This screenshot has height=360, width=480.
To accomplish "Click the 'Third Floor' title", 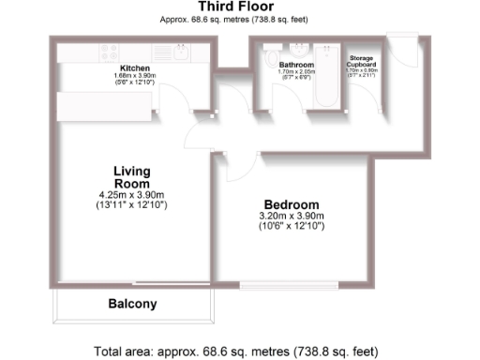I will [240, 7].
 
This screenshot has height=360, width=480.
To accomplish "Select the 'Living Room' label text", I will [131, 177].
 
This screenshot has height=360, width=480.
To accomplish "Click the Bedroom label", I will [291, 204].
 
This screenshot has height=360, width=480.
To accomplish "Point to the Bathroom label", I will [297, 65].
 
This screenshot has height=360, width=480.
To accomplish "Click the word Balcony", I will [132, 304].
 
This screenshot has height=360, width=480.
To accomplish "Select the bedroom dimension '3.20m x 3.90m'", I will [291, 217].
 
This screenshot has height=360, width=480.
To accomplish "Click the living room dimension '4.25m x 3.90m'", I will [131, 195].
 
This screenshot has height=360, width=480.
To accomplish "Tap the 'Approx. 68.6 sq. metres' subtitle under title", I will [240, 19].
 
